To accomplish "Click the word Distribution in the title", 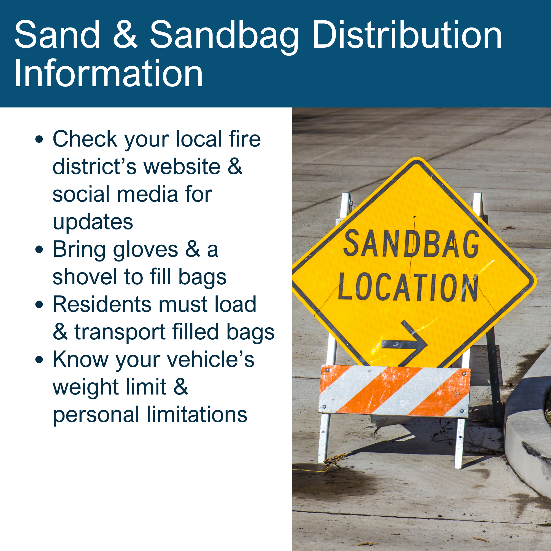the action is [407, 35].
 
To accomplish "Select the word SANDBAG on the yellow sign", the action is [411, 244].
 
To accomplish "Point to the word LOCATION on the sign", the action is [408, 287].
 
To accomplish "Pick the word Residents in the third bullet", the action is [102, 304].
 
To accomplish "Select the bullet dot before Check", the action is [39, 140].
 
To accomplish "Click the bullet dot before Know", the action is [39, 360].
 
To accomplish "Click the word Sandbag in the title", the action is [224, 37].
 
